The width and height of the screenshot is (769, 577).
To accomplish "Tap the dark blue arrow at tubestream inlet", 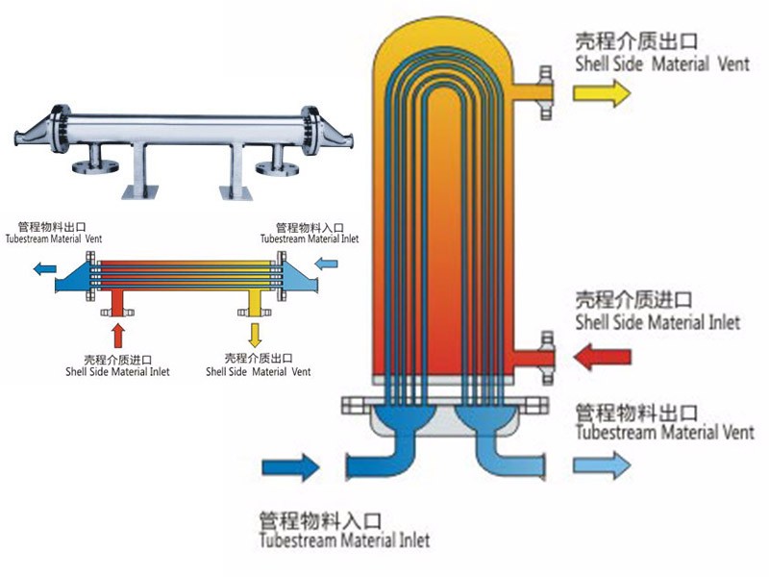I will click(x=290, y=467).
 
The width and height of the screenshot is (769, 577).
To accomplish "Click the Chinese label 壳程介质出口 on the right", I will click(x=635, y=41).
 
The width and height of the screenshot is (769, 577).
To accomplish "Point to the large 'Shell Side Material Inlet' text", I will click(x=657, y=322).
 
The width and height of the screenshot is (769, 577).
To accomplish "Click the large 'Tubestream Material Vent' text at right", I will click(x=664, y=433).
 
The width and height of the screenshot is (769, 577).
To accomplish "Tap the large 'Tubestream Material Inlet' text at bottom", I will click(x=344, y=540).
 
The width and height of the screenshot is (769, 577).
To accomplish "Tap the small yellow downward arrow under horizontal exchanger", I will click(x=255, y=335).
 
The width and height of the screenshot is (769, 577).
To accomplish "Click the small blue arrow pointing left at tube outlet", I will click(x=41, y=270).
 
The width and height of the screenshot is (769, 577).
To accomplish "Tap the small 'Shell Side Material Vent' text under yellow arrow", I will click(x=260, y=371).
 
